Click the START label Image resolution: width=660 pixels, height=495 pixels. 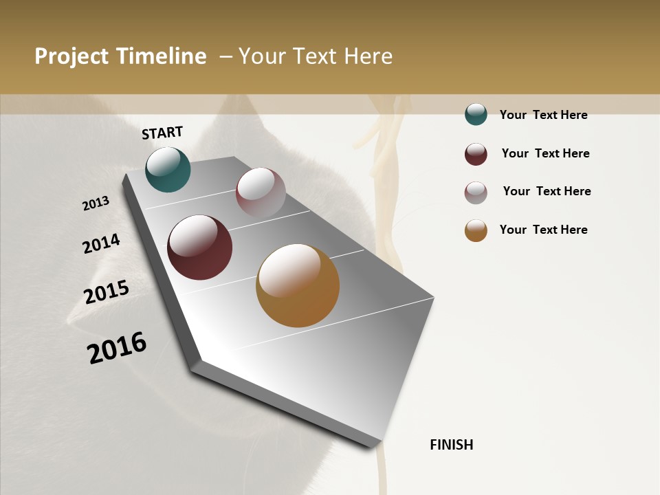click(162, 133)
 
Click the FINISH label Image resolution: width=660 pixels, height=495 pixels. click(452, 445)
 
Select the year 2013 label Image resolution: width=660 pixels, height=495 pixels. click(96, 203)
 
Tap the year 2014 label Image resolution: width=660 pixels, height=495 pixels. click(101, 243)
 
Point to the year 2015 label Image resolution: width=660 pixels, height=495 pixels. click(107, 291)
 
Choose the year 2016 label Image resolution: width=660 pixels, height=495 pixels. click(117, 347)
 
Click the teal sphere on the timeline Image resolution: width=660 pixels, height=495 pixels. click(168, 169)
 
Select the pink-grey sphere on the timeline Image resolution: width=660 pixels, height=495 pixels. click(261, 192)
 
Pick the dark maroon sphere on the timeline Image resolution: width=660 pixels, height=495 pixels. click(199, 247)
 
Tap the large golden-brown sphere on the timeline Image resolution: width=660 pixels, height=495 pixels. click(298, 285)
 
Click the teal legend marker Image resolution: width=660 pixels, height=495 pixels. click(476, 114)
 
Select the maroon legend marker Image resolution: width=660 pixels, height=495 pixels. click(476, 154)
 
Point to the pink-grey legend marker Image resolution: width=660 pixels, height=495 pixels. click(476, 192)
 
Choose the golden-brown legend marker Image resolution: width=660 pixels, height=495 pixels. click(476, 230)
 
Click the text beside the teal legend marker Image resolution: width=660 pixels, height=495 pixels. click(543, 115)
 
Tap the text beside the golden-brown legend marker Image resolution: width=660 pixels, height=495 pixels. click(543, 230)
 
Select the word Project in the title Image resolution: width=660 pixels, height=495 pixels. click(71, 56)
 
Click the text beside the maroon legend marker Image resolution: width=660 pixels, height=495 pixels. click(545, 153)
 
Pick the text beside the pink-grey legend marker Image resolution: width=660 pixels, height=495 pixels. click(547, 191)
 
